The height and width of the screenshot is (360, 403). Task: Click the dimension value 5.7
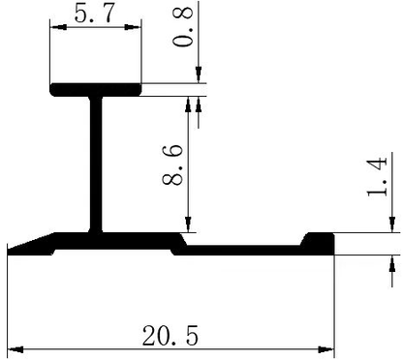93,15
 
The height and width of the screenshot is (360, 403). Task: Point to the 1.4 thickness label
378,176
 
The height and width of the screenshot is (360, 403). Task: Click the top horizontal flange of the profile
96,90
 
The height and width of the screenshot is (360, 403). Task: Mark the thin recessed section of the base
242,249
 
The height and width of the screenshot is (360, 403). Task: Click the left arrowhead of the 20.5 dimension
14,349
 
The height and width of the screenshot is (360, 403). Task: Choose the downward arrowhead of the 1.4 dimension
394,225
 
